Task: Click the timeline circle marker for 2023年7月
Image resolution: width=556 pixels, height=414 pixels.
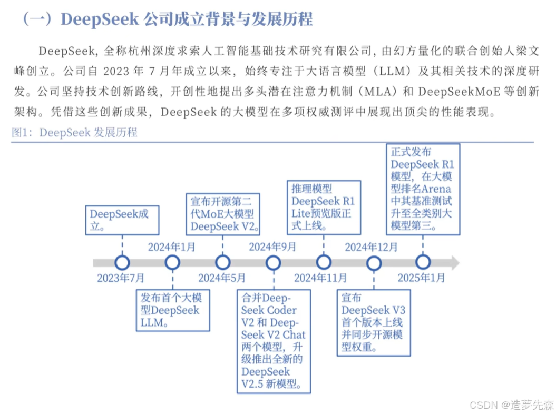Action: point(122,262)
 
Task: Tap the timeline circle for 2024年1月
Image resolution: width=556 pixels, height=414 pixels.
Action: point(172,262)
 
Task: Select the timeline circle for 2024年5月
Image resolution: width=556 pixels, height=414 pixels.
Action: point(223,262)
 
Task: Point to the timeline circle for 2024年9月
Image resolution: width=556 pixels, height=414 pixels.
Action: point(273,262)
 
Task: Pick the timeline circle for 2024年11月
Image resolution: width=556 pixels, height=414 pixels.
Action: point(324,262)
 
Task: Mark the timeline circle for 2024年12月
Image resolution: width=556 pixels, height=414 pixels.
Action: point(374,262)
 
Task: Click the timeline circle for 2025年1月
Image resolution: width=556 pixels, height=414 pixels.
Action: point(423,262)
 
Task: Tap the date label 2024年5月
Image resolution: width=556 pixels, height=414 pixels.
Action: point(221,278)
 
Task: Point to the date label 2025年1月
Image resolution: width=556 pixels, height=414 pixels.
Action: point(421,278)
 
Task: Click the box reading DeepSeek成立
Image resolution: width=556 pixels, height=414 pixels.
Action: point(122,220)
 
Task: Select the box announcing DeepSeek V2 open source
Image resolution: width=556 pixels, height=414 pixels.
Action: point(223,214)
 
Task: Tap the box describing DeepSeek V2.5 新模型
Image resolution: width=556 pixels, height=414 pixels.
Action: point(273,340)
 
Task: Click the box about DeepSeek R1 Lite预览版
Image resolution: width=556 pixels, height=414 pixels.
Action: point(324,207)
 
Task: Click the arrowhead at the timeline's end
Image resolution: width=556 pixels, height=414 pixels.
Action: point(454,262)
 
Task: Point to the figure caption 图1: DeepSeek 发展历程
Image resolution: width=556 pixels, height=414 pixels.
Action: point(74,132)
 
